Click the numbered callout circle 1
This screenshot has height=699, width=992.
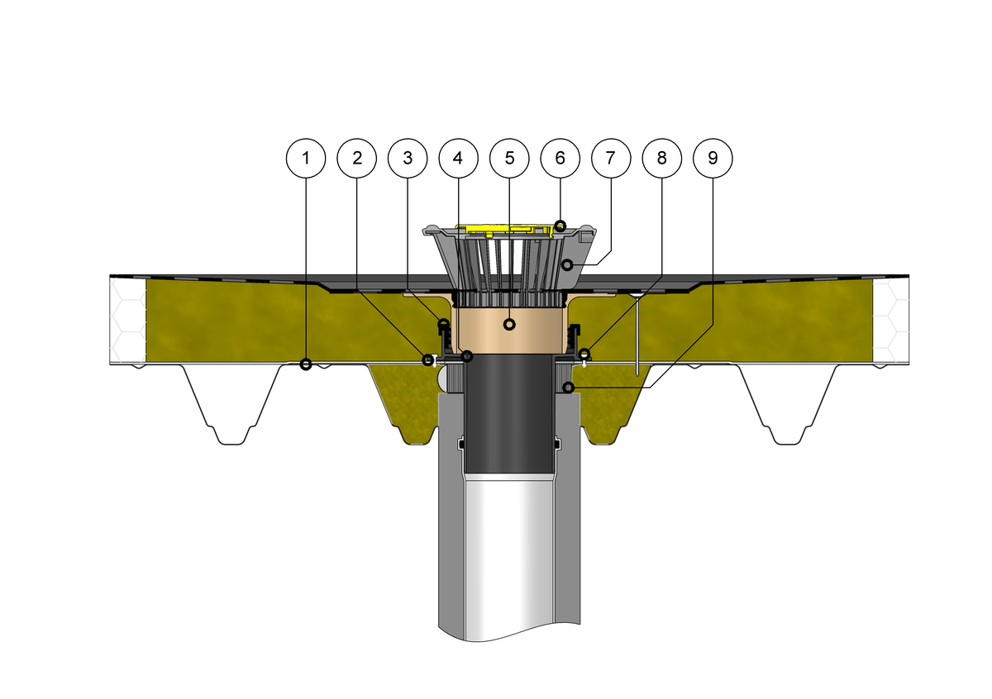click(306, 158)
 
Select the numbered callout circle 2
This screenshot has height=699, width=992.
click(356, 158)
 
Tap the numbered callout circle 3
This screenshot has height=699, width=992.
click(408, 158)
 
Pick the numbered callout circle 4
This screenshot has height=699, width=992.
click(458, 158)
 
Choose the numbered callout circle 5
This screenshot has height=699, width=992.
click(509, 158)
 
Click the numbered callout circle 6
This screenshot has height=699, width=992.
click(560, 158)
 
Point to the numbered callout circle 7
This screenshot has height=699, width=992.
click(611, 158)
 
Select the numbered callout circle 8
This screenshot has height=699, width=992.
click(662, 158)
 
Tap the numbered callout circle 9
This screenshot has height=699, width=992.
click(713, 158)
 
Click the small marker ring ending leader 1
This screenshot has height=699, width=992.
click(306, 364)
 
